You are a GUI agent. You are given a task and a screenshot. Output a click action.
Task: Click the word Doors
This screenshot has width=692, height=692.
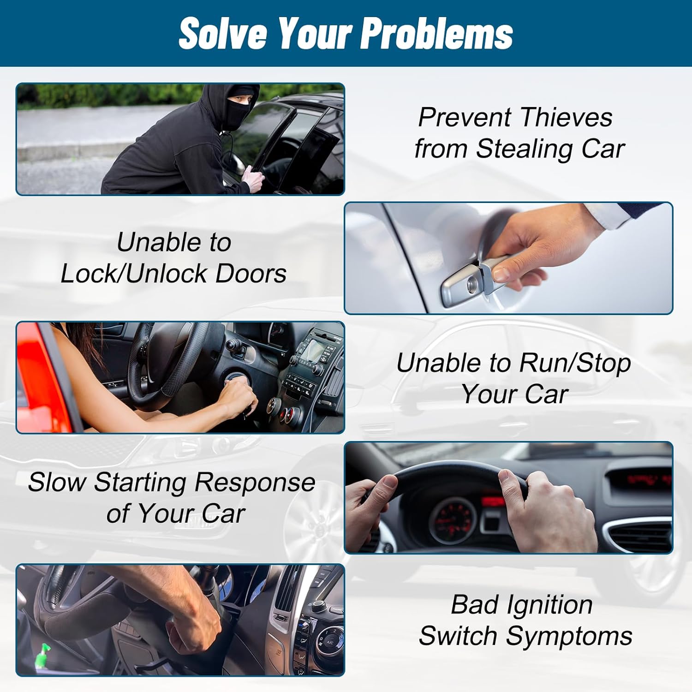pos(251,273)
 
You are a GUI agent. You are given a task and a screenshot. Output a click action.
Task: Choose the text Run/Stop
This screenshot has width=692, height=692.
pos(575,363)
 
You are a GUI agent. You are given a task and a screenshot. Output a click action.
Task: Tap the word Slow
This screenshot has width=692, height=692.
pos(57,482)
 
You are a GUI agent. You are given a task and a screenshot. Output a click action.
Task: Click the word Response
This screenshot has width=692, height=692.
pos(255,483)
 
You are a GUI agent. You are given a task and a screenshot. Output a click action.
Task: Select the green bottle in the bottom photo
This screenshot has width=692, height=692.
pos(45,655)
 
